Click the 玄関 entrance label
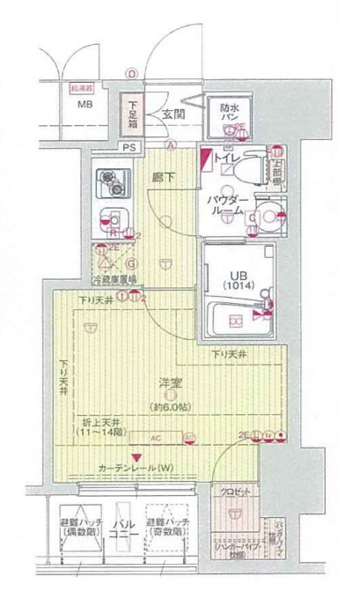(173, 114)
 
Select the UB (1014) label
(237, 280)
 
